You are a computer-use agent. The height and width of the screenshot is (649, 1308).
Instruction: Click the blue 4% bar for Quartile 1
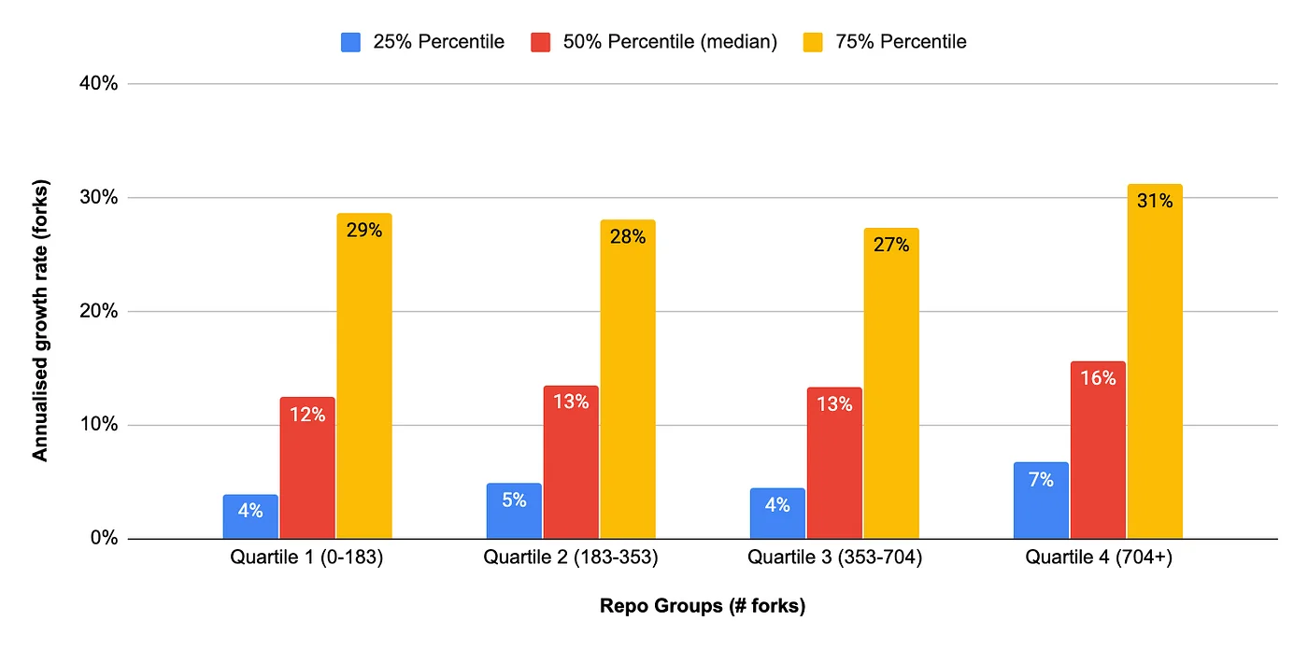click(x=250, y=516)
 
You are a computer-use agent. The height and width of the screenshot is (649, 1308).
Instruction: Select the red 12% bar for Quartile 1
click(x=307, y=468)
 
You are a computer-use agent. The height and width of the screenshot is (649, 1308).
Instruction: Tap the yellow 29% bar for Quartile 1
click(x=364, y=376)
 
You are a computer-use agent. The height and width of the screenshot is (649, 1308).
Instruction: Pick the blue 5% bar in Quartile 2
click(x=514, y=511)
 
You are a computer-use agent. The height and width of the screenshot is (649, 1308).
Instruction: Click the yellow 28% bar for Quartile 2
click(x=628, y=379)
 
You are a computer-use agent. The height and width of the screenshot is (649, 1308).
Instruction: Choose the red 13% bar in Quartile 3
click(x=834, y=463)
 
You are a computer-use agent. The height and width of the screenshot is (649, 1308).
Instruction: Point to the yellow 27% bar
click(x=891, y=384)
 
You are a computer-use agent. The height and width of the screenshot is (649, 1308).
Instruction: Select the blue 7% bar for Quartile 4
click(x=1041, y=501)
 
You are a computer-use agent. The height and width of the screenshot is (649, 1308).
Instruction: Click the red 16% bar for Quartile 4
click(x=1098, y=450)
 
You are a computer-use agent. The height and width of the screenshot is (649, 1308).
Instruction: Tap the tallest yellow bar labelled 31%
click(x=1155, y=361)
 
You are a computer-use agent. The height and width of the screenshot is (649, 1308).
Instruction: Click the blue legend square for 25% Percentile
click(x=351, y=42)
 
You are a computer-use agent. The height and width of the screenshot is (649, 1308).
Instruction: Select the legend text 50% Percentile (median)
click(x=670, y=42)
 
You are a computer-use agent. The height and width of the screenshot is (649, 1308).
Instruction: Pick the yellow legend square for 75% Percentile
click(x=813, y=42)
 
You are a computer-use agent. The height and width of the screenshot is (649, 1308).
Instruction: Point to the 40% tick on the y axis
click(x=98, y=84)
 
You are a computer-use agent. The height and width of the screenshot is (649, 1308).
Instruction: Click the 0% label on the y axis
click(x=103, y=539)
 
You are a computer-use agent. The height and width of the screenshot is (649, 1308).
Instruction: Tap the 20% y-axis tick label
click(x=98, y=311)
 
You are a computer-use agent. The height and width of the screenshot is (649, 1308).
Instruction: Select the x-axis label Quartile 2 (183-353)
click(x=571, y=558)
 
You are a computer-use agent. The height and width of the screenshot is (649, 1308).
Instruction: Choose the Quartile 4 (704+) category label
click(x=1098, y=558)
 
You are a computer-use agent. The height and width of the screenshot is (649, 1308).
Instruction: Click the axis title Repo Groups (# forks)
click(x=702, y=607)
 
